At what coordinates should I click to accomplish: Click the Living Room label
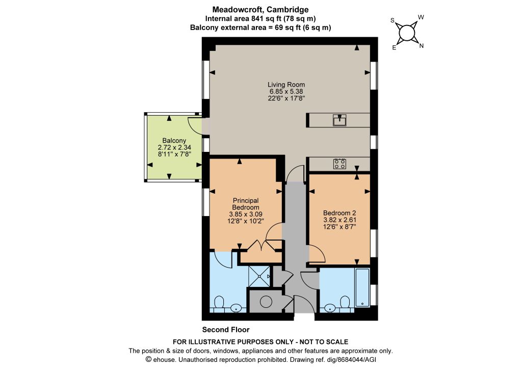pyautogui.click(x=286, y=85)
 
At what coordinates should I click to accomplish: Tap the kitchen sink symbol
pyautogui.click(x=340, y=120)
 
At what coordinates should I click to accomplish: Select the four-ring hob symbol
pyautogui.click(x=340, y=164)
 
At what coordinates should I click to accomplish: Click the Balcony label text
pyautogui.click(x=174, y=141)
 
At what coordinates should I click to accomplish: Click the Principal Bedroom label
pyautogui.click(x=246, y=204)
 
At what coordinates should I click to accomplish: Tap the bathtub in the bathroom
pyautogui.click(x=362, y=287)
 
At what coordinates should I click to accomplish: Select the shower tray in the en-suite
pyautogui.click(x=259, y=276)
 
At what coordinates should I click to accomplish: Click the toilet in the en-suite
pyautogui.click(x=219, y=303)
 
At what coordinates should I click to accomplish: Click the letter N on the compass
pyautogui.click(x=422, y=46)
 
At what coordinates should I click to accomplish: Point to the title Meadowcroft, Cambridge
pyautogui.click(x=260, y=10)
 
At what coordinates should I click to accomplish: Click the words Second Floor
pyautogui.click(x=226, y=330)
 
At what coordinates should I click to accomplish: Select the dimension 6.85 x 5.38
pyautogui.click(x=286, y=92)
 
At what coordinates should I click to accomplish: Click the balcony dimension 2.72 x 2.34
pyautogui.click(x=174, y=147)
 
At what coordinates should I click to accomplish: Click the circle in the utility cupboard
pyautogui.click(x=266, y=302)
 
